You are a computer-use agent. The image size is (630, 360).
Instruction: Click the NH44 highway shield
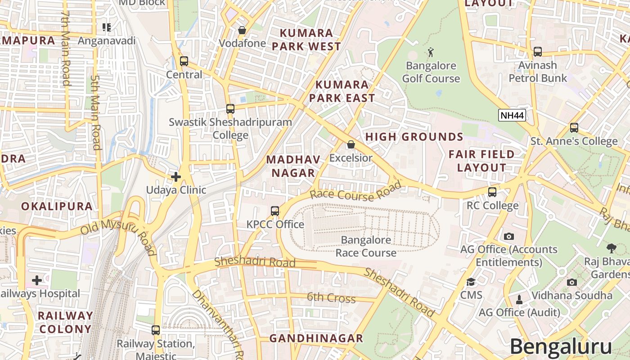[x=512, y=116]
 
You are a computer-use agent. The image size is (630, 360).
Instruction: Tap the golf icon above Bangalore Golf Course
[x=431, y=52]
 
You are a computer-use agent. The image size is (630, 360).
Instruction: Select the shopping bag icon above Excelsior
[x=351, y=144]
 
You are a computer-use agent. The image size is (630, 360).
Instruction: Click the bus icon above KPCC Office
[x=274, y=211]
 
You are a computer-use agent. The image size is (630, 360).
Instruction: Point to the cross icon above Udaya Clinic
[x=176, y=177]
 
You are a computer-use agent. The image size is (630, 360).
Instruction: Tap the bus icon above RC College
[x=492, y=192]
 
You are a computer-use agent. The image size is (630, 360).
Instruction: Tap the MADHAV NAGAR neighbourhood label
[x=293, y=166]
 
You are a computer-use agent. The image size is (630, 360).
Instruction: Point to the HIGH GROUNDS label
[x=414, y=137]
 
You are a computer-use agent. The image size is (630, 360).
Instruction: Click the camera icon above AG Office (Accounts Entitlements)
[x=508, y=236]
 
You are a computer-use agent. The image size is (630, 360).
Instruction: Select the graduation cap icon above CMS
[x=471, y=282]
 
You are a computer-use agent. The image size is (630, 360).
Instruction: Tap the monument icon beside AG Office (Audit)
[x=519, y=299]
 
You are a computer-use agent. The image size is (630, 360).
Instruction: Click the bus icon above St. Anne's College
[x=574, y=128]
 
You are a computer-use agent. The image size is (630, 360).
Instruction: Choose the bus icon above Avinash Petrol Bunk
[x=537, y=52]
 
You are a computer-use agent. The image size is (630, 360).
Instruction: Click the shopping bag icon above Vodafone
[x=242, y=30]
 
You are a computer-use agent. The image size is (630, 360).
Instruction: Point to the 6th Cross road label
[x=331, y=297]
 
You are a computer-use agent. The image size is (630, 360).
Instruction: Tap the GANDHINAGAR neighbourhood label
[x=316, y=338]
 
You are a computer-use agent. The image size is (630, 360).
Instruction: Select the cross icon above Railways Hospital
[x=37, y=280]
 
